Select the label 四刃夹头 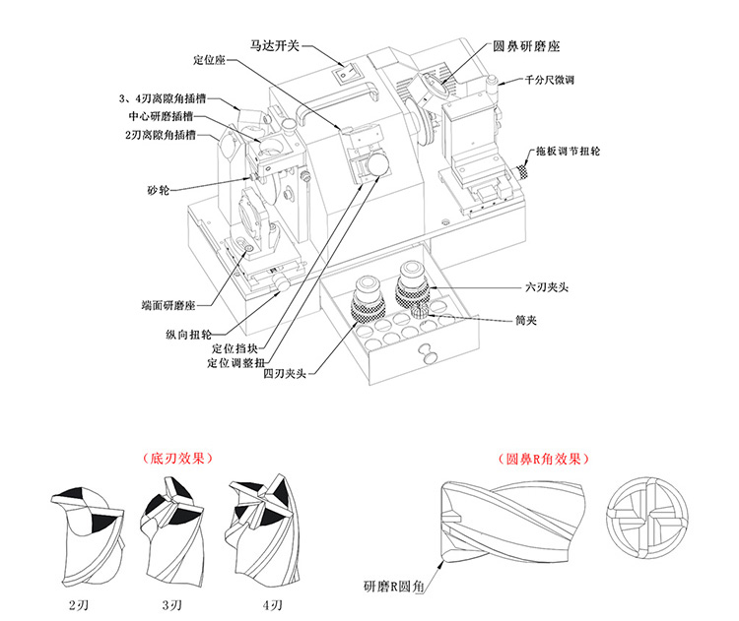287,374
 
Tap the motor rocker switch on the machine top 342,72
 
